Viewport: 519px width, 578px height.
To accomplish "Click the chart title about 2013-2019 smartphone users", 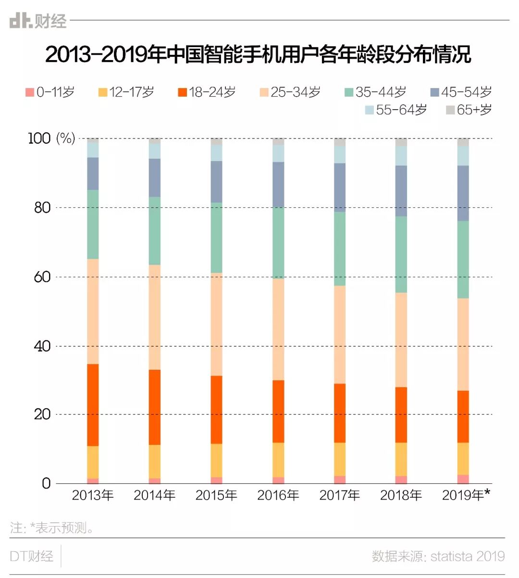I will pos(258,54).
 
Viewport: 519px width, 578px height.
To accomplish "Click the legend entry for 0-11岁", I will pos(50,92).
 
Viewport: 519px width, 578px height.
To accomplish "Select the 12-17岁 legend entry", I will pos(126,92).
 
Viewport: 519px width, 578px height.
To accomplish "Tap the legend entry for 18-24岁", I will pos(207,92).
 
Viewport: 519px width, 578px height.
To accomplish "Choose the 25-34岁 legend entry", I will pos(290,92).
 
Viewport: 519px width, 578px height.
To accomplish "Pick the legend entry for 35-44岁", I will pos(376,92).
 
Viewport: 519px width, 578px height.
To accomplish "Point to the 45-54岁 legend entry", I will pos(461,92).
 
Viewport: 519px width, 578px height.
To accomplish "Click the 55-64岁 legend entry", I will pos(396,110).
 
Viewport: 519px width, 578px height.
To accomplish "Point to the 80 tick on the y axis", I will pos(42,208).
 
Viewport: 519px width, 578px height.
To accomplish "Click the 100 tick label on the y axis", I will pos(39,138).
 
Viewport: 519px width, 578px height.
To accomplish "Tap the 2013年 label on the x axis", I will pos(93,495).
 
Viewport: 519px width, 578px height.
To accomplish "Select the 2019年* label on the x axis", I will pos(466,495).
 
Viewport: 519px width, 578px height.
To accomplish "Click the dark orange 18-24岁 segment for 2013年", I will pos(93,405).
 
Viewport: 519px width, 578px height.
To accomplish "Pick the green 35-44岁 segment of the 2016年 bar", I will pos(278,243).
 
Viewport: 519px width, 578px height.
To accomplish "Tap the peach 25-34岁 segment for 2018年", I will pos(401,339).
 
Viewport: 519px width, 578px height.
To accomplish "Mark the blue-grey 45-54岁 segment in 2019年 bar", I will pos(463,193).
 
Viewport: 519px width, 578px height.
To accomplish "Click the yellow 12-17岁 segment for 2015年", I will pos(216,460).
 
